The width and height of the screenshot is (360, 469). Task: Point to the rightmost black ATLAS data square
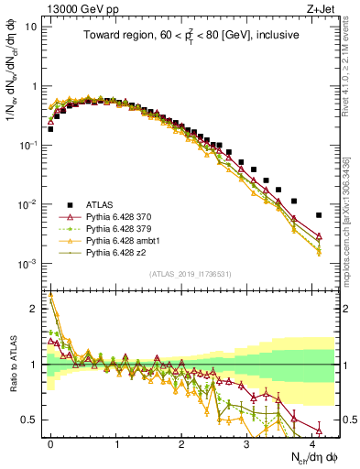[319, 215]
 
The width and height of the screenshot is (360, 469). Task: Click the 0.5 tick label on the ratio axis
[30, 420]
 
